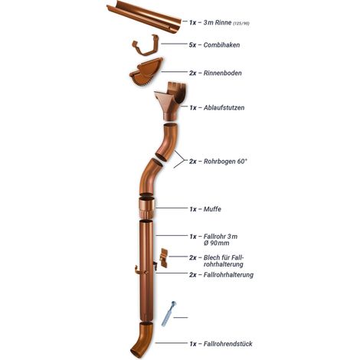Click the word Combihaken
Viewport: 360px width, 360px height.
221,45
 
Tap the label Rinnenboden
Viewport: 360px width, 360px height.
222,73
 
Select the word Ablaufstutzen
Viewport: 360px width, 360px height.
224,107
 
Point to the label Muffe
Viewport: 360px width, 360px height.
212,209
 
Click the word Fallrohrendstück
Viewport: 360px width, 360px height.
228,344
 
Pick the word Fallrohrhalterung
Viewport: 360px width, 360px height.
228,275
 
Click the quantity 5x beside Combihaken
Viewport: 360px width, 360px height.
193,45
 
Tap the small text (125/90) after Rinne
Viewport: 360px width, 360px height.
241,24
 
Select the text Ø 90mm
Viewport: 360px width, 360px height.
216,243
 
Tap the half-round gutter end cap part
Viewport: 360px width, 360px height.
146,72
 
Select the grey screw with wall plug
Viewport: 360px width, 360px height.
169,313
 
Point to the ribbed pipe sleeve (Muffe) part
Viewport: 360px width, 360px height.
147,208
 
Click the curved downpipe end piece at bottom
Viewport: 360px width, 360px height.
142,339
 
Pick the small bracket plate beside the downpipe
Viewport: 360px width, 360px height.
164,258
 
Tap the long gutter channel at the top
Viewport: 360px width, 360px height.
143,17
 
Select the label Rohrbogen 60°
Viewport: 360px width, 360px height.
225,162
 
